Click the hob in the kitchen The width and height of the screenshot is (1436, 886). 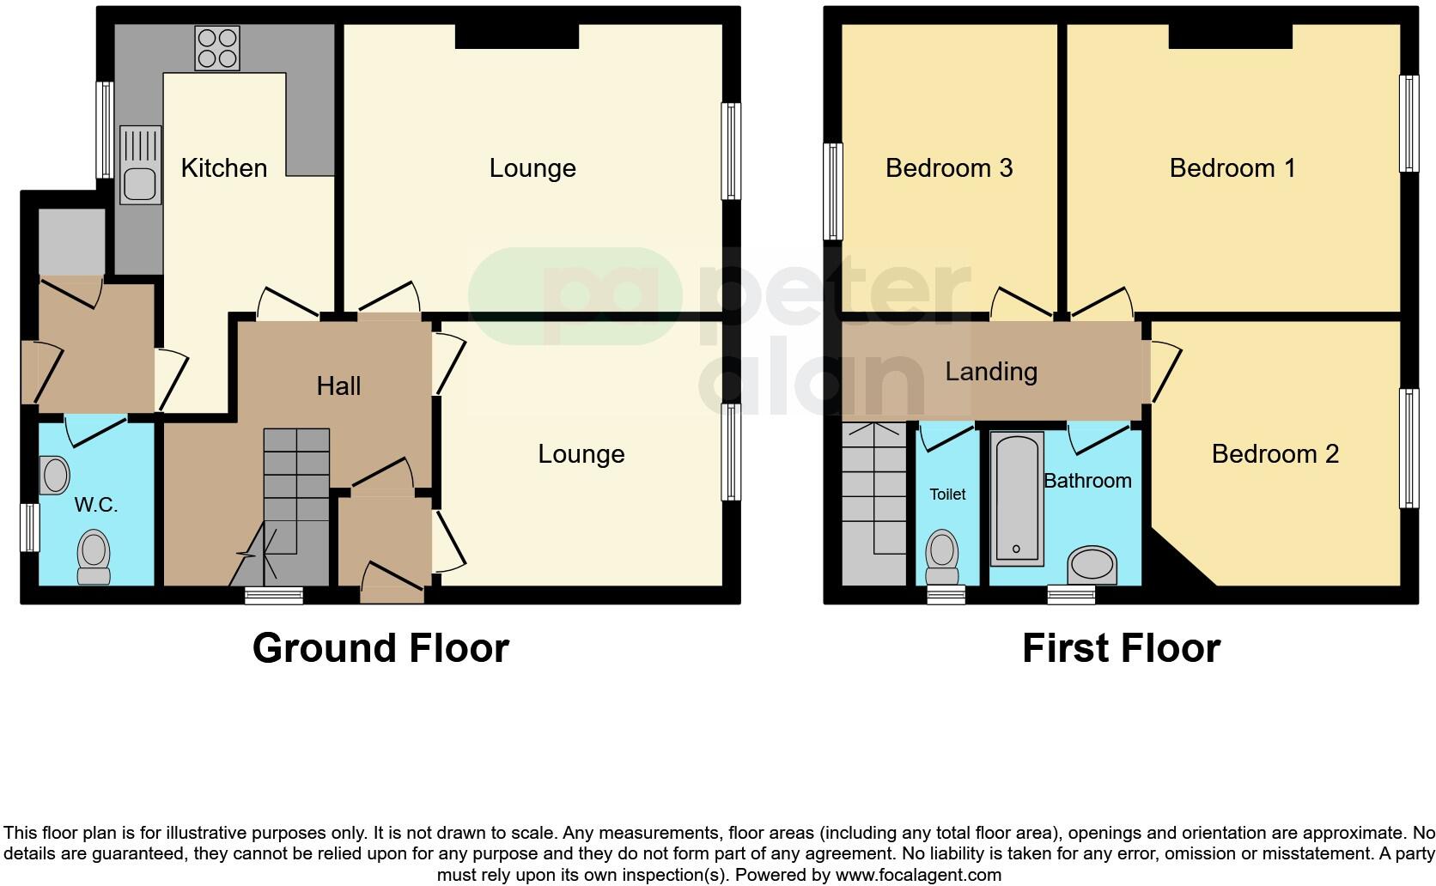(x=216, y=48)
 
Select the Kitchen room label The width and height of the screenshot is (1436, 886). (x=224, y=167)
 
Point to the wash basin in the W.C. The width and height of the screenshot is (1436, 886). (x=55, y=475)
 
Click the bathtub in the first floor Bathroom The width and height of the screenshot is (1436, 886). (x=1016, y=498)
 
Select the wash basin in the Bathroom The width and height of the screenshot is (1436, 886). (x=1092, y=566)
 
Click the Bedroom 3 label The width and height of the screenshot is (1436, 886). (x=949, y=167)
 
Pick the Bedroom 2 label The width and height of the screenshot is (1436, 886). (x=1275, y=453)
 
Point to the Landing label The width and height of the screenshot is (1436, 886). (x=991, y=371)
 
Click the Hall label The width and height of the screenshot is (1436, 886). (x=338, y=385)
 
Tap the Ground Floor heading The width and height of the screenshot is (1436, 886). (x=380, y=648)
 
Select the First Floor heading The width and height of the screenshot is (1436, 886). (x=1121, y=648)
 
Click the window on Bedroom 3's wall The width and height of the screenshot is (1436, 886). (x=832, y=191)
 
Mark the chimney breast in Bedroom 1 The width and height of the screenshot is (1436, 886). (x=1230, y=36)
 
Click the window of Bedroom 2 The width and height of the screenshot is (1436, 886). (x=1409, y=448)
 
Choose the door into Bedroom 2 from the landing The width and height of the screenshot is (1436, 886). (x=1164, y=371)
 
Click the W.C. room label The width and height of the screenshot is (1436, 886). (x=95, y=505)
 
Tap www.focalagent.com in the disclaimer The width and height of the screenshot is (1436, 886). (x=918, y=875)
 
